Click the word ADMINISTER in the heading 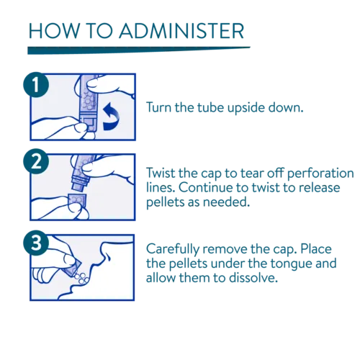click(x=181, y=31)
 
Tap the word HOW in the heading click(x=54, y=31)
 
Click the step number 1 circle click(x=36, y=85)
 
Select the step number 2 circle click(x=36, y=161)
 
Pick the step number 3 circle click(x=36, y=243)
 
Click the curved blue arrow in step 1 click(x=111, y=117)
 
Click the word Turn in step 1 click(x=159, y=107)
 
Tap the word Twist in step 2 click(x=161, y=173)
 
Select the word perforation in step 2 click(x=320, y=174)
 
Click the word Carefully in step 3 click(x=172, y=250)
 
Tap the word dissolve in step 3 click(x=253, y=278)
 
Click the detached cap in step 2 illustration click(x=77, y=203)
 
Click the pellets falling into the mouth click(x=81, y=278)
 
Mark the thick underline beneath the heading click(x=139, y=50)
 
